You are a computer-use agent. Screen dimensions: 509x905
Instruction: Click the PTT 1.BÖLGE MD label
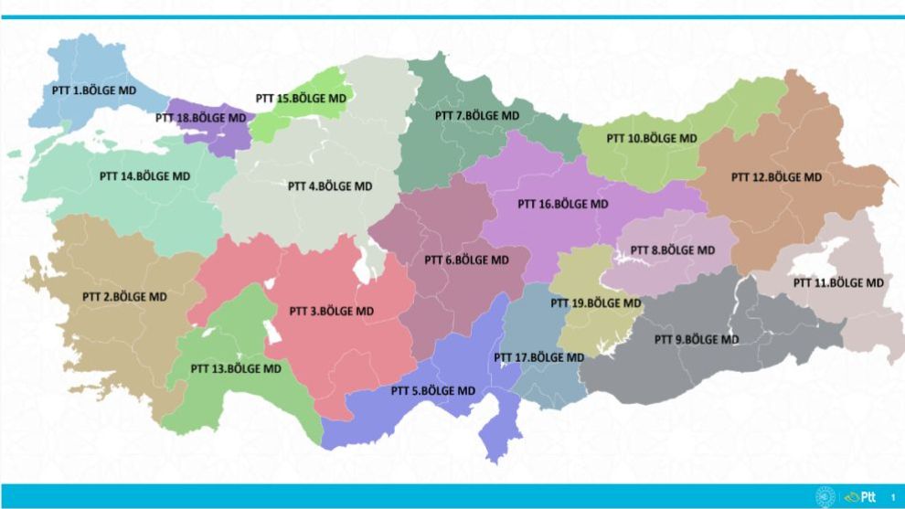[x=89, y=90]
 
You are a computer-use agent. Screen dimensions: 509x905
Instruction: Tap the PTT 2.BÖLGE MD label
[x=124, y=296]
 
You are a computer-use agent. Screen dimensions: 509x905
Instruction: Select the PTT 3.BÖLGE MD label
[x=331, y=311]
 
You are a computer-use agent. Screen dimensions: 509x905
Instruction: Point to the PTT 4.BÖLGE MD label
[x=330, y=186]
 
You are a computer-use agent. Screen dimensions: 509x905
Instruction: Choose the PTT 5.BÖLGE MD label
[x=433, y=391]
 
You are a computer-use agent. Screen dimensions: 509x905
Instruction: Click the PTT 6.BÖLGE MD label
[x=466, y=260]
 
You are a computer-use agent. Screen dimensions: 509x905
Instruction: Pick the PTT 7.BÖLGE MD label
[x=477, y=116]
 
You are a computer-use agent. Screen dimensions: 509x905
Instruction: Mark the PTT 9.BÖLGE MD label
[x=697, y=339]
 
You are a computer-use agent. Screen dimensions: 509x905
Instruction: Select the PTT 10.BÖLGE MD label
[x=652, y=138]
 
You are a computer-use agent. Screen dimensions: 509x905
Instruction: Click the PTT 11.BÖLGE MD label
[x=839, y=282]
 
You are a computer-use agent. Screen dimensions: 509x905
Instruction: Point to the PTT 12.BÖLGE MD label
[x=776, y=176]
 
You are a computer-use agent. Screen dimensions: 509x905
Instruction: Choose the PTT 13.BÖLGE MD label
[x=236, y=368]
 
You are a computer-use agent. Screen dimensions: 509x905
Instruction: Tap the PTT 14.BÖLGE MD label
[x=144, y=175]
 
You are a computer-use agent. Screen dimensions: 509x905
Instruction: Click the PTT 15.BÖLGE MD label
[x=301, y=98]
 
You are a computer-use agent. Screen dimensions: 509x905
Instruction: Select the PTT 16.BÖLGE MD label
[x=562, y=204]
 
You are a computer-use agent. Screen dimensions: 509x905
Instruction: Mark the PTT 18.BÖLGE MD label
[x=200, y=118]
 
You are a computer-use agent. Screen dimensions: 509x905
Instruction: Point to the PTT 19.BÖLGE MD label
[x=595, y=302]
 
